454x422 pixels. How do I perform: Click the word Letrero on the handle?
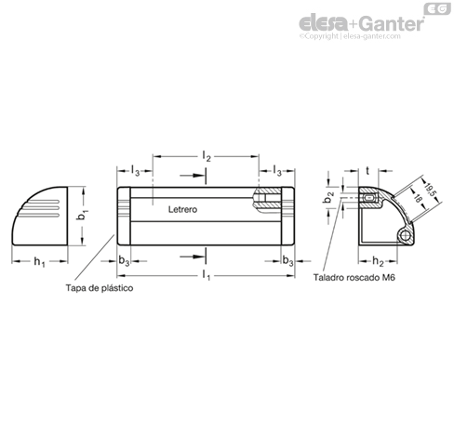[x=182, y=209]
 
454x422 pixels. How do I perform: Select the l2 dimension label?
[x=207, y=156]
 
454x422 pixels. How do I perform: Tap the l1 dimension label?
[x=207, y=274]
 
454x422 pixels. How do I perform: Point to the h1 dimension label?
[x=39, y=262]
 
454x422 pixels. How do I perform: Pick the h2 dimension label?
[x=378, y=262]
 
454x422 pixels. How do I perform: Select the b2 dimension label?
[x=328, y=197]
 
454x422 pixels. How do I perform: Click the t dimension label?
[x=367, y=170]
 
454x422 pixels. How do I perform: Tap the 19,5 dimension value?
[x=431, y=190]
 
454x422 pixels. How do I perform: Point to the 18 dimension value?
[x=418, y=198]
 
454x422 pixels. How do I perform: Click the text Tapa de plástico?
[x=100, y=288]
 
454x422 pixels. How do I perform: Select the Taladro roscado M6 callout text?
[x=354, y=277]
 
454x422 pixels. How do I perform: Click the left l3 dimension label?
[x=135, y=170]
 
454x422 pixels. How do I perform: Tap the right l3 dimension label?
[x=277, y=170]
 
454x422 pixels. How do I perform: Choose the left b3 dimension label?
[x=124, y=262]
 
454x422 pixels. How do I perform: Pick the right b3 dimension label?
[x=287, y=262]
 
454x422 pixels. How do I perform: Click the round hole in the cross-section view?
[x=405, y=236]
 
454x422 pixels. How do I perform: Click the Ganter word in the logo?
[x=393, y=23]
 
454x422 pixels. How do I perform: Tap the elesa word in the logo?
[x=323, y=23]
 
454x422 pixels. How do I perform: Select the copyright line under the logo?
[x=350, y=36]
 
